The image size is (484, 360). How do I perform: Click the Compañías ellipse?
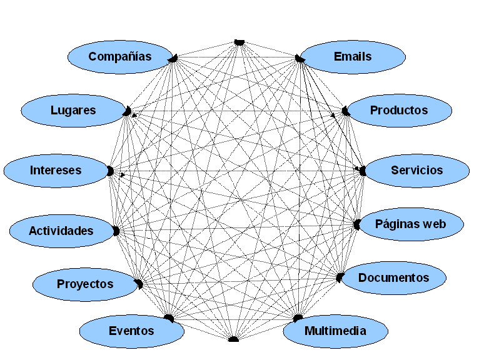pos(119,56)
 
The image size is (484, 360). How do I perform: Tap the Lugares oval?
pos(73,110)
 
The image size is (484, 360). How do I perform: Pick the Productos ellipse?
pos(399,110)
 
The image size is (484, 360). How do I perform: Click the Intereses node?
pos(56,170)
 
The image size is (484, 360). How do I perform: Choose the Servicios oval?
pos(416,170)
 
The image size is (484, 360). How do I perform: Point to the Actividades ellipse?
pos(61,231)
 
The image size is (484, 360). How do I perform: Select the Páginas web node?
pos(411,224)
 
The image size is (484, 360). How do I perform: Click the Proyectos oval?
pos(85,284)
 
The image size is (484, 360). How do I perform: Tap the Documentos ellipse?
pos(393,277)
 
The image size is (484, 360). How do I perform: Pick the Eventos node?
pos(131,331)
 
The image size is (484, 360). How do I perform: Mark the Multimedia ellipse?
pos(335,331)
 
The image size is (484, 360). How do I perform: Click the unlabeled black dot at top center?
pos(239,42)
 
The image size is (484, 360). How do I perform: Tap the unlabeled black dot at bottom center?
pos(233,339)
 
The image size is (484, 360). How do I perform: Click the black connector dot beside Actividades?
pos(116,231)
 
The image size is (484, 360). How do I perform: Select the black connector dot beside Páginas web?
pos(357,224)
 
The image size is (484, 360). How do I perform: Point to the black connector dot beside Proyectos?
pos(139,284)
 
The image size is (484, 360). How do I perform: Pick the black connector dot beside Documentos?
pos(340,277)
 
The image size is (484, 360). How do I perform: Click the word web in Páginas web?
pos(434,224)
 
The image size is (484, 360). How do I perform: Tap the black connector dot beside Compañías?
pos(173,58)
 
